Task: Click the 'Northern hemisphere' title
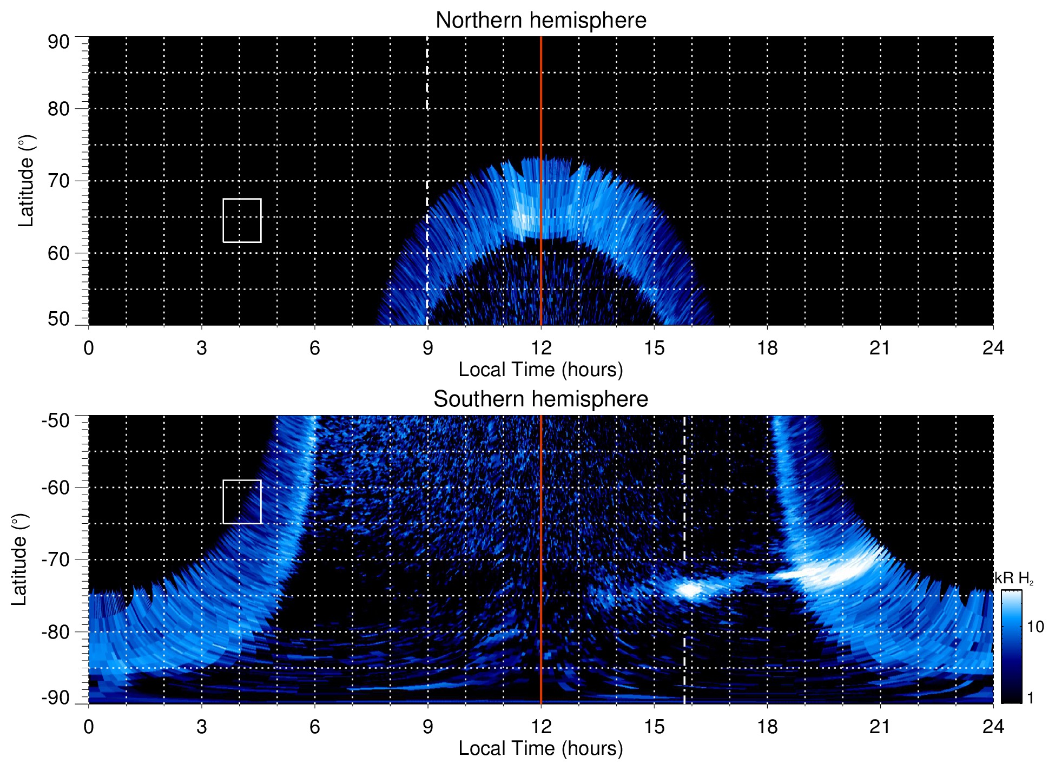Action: [x=540, y=21]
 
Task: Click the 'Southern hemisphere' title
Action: [x=540, y=399]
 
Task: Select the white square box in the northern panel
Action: [x=242, y=220]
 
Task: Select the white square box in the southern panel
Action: [x=242, y=502]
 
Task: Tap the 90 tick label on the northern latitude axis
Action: [x=58, y=42]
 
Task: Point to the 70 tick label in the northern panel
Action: [x=58, y=181]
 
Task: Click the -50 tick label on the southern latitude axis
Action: [x=56, y=420]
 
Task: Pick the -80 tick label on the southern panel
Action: [x=56, y=632]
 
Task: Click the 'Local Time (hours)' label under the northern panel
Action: [x=540, y=370]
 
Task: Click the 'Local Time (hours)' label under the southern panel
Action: [x=540, y=749]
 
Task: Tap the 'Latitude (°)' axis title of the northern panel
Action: [x=26, y=181]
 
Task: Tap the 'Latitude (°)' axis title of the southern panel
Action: [x=19, y=560]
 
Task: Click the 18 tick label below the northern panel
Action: [x=767, y=348]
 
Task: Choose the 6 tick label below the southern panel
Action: [x=314, y=727]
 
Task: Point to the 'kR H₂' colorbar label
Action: [x=1014, y=578]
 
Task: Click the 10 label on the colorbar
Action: [x=1035, y=627]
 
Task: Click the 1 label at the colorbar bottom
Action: [x=1030, y=698]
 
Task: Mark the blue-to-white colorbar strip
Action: [x=1011, y=647]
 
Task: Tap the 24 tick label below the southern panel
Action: [x=993, y=727]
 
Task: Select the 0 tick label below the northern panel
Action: [x=89, y=348]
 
